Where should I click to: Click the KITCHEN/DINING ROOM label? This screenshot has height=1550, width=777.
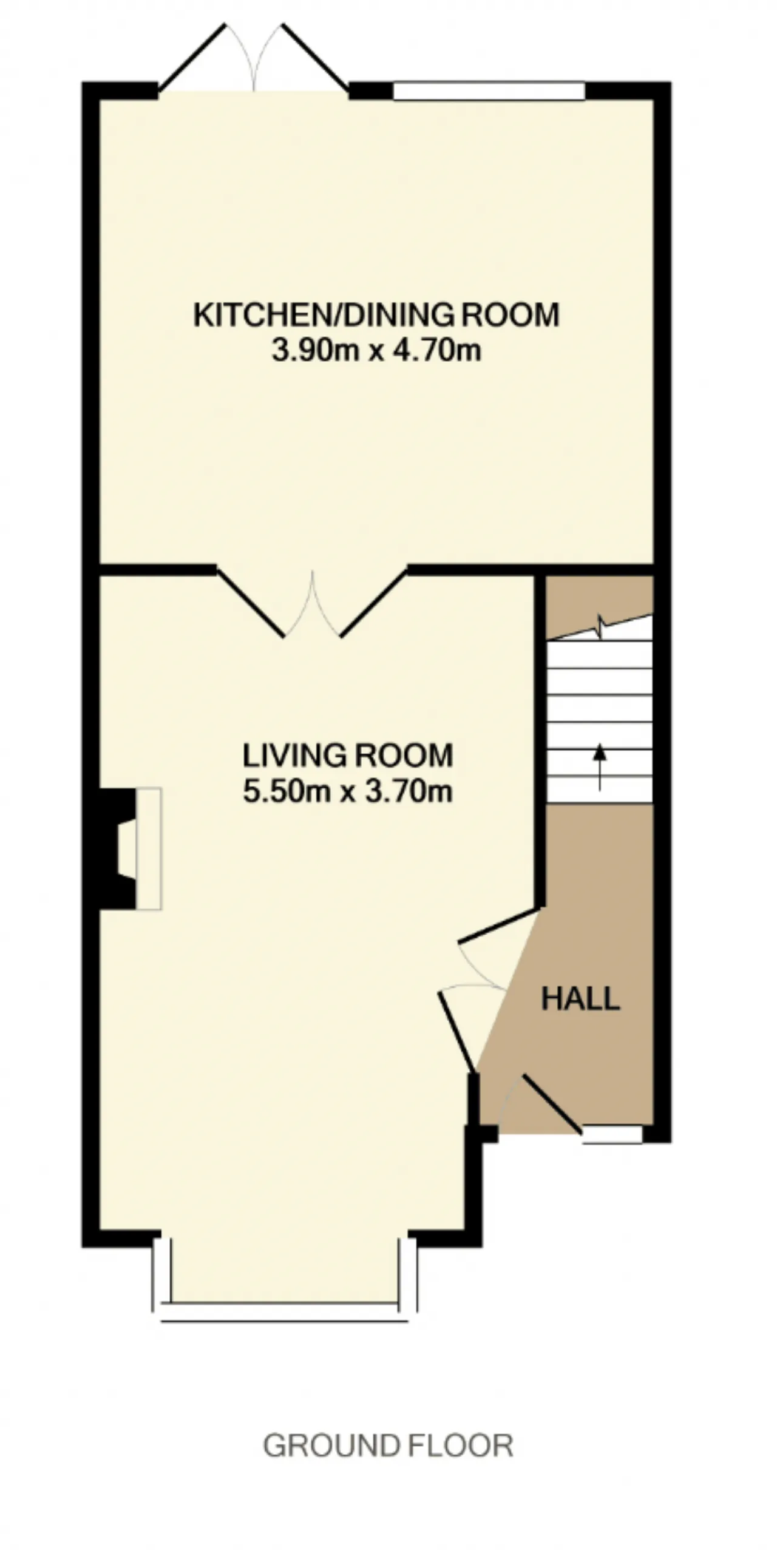coord(376,315)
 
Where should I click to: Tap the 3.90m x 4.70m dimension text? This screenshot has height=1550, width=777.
coord(376,351)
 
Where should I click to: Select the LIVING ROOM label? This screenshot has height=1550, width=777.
coord(348,756)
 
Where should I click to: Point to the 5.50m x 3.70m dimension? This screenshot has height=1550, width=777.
coord(348,791)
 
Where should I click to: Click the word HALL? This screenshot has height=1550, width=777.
coord(580,998)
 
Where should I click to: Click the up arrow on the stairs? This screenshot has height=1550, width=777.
coord(600,767)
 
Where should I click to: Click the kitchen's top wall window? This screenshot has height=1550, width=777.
coord(489,91)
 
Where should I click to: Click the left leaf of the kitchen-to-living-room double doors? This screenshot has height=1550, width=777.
coord(251,603)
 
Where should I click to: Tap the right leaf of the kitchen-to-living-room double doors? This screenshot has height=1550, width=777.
coord(373,603)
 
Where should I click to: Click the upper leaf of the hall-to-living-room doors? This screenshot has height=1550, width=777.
coord(499,925)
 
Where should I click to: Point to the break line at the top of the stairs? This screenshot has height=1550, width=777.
coord(600,627)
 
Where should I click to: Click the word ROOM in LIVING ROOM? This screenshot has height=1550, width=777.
coord(403,756)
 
